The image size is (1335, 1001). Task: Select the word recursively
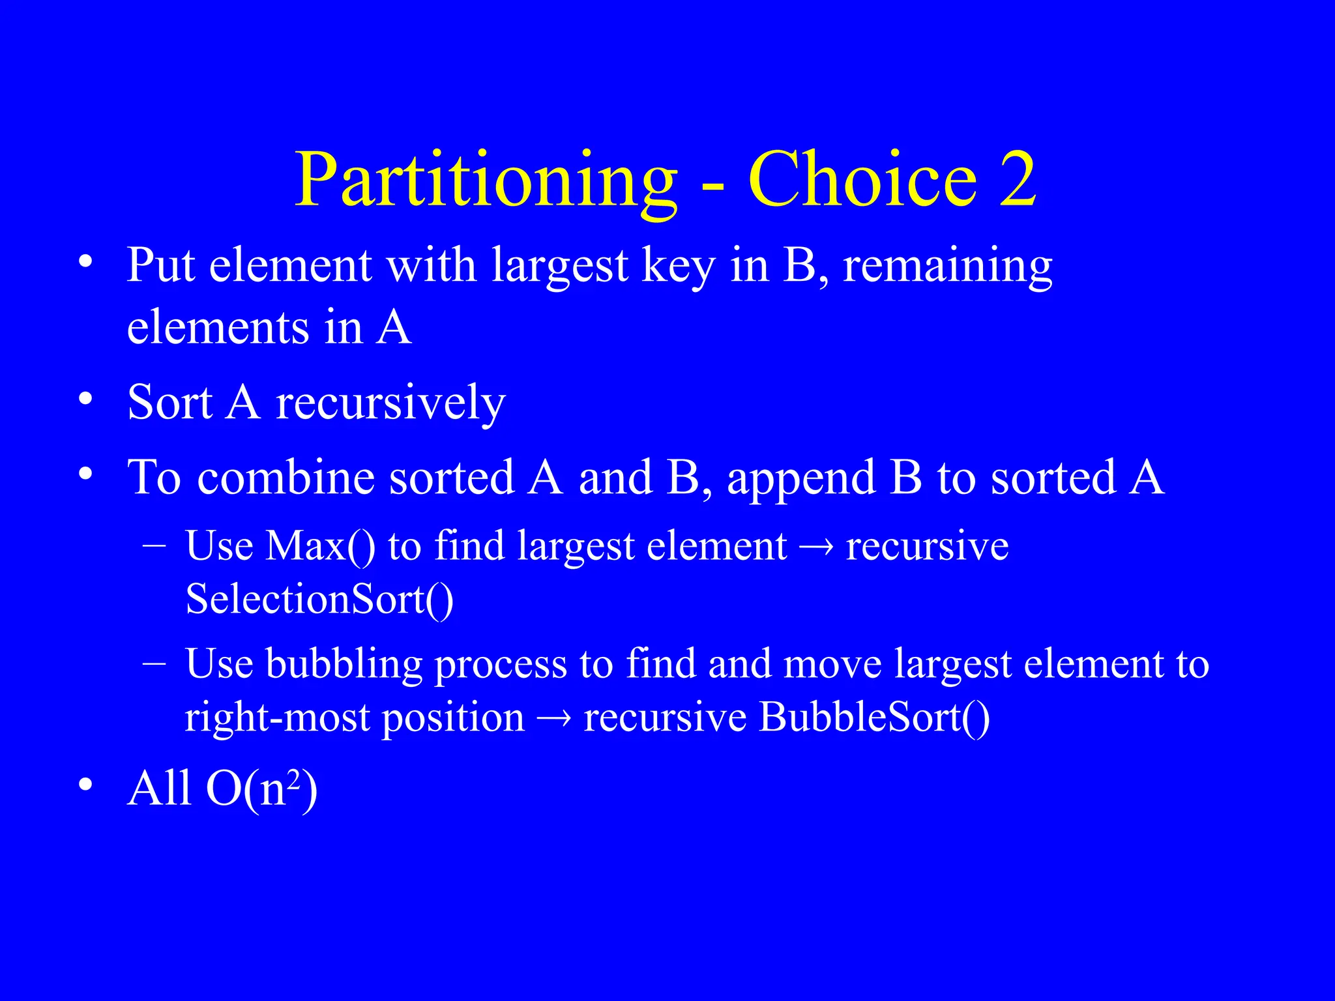tap(390, 402)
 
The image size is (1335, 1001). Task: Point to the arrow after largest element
tap(816, 547)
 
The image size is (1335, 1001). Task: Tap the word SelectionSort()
tap(319, 598)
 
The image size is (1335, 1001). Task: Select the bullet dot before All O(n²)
tap(85, 785)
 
